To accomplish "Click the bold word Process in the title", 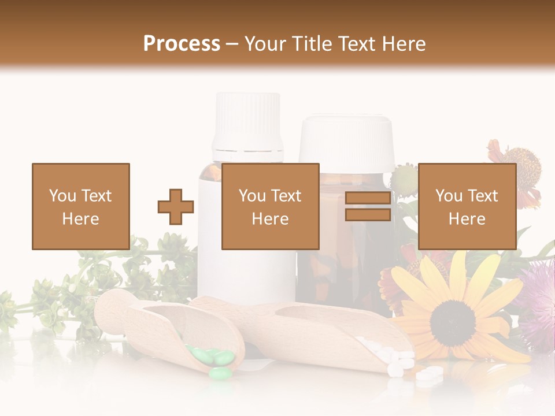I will (182, 44).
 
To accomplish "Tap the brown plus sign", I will (176, 207).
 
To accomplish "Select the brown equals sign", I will (368, 207).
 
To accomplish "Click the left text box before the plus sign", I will (80, 207).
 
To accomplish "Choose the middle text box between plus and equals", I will (270, 207).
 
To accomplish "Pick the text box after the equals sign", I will (467, 207).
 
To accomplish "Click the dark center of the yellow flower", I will (453, 316).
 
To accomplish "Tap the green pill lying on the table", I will (219, 373).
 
